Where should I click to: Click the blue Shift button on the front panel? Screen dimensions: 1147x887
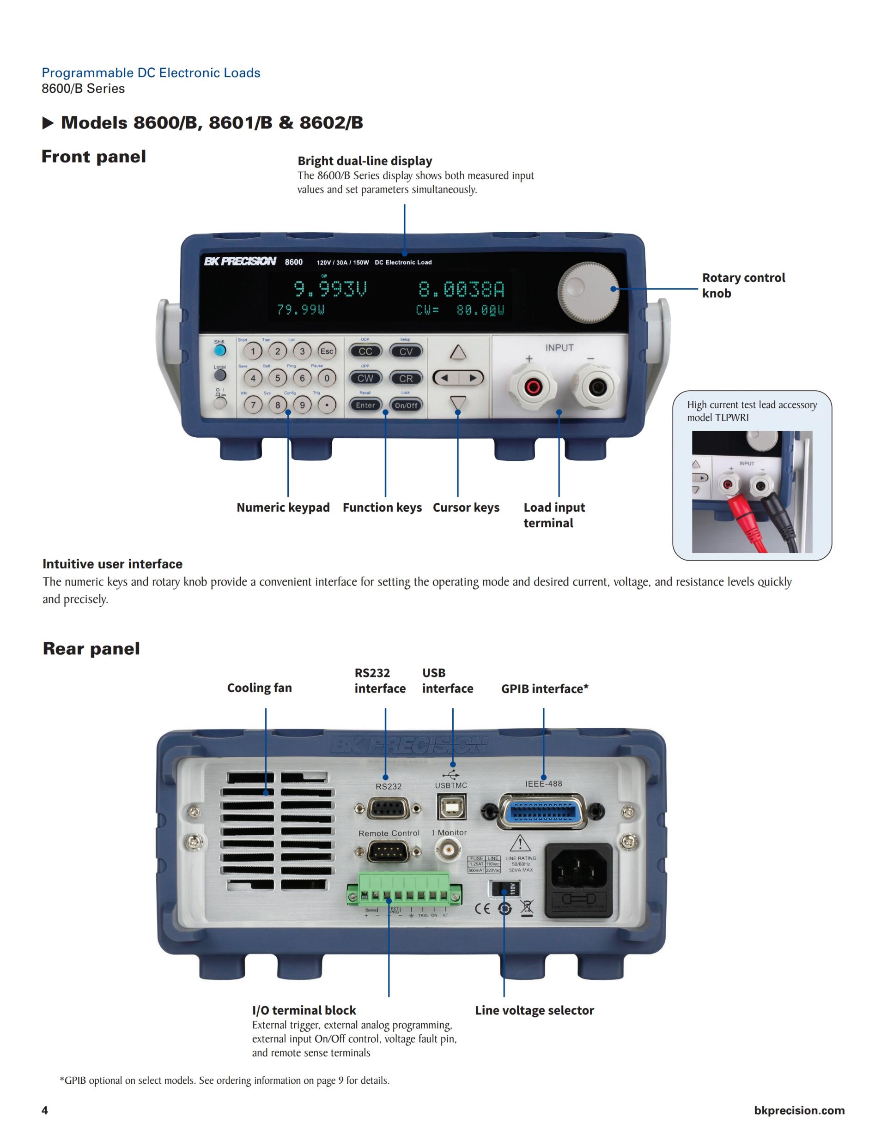click(219, 351)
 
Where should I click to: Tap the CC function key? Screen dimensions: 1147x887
click(365, 351)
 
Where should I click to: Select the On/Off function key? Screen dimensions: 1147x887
click(406, 405)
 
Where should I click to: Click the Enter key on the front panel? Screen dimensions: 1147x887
click(365, 405)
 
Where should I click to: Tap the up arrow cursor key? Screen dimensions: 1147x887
click(458, 352)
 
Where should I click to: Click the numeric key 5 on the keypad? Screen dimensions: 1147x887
click(278, 378)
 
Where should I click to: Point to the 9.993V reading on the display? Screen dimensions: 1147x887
click(329, 290)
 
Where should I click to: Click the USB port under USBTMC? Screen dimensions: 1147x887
click(451, 806)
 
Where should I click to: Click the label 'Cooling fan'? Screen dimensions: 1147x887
click(259, 688)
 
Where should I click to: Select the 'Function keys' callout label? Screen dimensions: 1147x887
click(382, 507)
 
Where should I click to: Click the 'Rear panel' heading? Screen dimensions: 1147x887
click(91, 649)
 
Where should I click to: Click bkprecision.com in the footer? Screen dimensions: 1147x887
click(799, 1110)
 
